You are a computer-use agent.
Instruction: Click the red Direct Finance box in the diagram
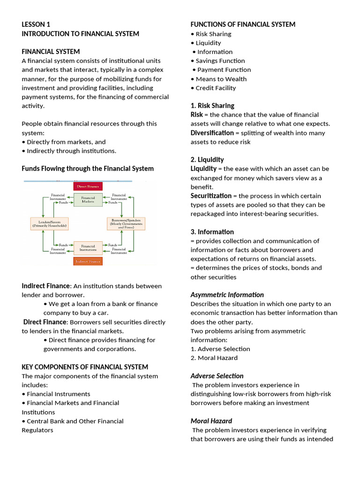coord(88,186)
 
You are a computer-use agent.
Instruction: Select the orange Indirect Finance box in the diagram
coord(88,261)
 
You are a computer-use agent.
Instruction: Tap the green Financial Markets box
coord(88,199)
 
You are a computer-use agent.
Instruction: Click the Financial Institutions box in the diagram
coord(88,247)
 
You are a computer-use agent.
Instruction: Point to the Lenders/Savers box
coord(49,223)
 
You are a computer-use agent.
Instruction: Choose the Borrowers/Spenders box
coord(127,223)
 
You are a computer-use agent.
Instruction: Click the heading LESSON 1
coord(36,24)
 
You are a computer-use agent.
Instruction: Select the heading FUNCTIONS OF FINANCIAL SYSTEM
coord(243,24)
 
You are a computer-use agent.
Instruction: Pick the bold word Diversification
coord(212,133)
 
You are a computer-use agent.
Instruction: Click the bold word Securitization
coord(211,195)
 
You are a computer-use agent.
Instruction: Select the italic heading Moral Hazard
coord(211,421)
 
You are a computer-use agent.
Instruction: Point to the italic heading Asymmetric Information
coord(227,295)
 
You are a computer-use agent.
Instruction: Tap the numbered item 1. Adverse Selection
coord(220,349)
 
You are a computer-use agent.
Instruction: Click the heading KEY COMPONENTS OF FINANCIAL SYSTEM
coord(85,367)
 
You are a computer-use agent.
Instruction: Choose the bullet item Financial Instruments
coord(58,394)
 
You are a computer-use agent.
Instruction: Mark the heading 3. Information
coord(212,232)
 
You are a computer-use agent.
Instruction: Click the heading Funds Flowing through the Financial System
coord(88,168)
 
